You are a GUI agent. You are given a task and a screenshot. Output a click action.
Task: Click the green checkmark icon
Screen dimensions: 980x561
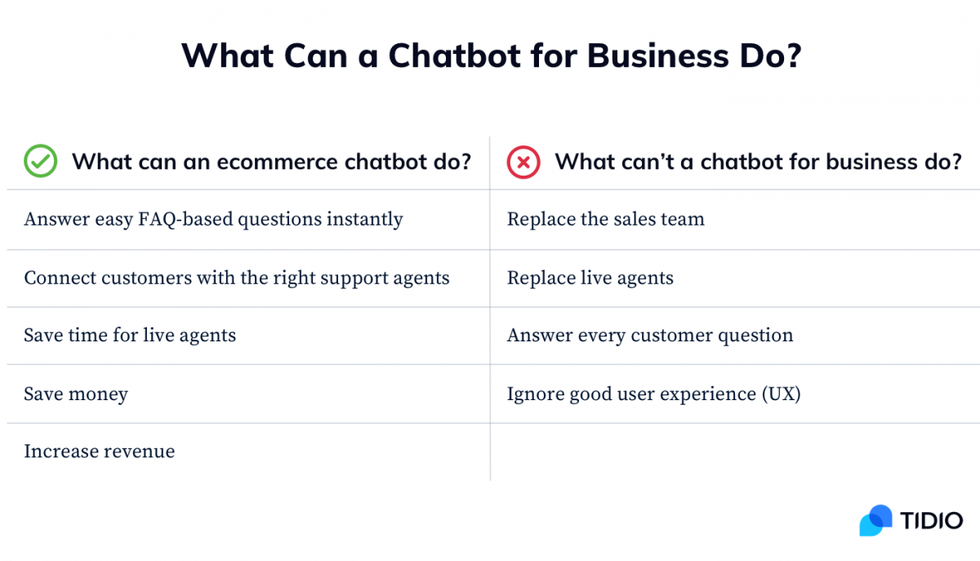[x=40, y=161]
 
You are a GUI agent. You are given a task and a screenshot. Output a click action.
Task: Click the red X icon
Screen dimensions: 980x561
[x=523, y=163]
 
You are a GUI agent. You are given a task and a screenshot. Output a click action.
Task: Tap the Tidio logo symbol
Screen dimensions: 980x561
[x=875, y=520]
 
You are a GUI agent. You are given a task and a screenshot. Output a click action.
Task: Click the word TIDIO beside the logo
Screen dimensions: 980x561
[x=932, y=520]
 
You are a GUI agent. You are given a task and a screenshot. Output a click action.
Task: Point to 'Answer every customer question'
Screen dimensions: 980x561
[x=650, y=335]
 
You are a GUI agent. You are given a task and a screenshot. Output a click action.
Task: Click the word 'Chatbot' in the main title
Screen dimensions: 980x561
[x=455, y=56]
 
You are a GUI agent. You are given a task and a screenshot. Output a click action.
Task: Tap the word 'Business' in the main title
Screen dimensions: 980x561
[x=658, y=56]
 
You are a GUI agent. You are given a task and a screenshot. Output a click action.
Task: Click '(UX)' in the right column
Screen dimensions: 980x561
[x=782, y=394]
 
